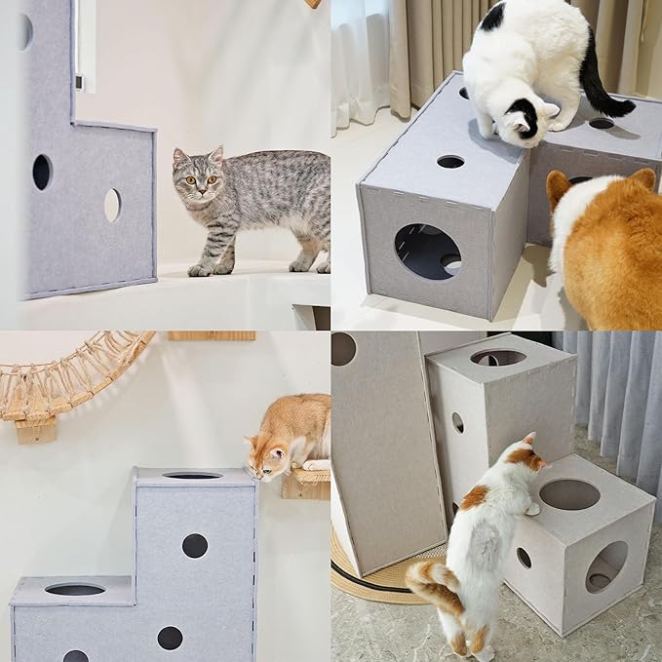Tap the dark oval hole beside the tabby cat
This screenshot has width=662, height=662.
click(x=42, y=172)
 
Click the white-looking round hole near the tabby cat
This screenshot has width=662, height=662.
click(x=112, y=205)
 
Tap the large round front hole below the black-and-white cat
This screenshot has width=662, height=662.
click(x=428, y=252)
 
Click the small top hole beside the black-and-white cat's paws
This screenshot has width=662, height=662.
click(x=450, y=161)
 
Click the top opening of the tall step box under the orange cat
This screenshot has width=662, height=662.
click(x=192, y=475)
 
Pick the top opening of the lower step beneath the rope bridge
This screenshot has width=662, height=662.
click(x=75, y=589)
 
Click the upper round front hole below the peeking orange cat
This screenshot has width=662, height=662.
click(x=195, y=545)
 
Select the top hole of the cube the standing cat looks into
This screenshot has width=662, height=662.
click(x=569, y=494)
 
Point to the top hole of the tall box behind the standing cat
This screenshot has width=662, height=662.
click(x=498, y=358)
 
